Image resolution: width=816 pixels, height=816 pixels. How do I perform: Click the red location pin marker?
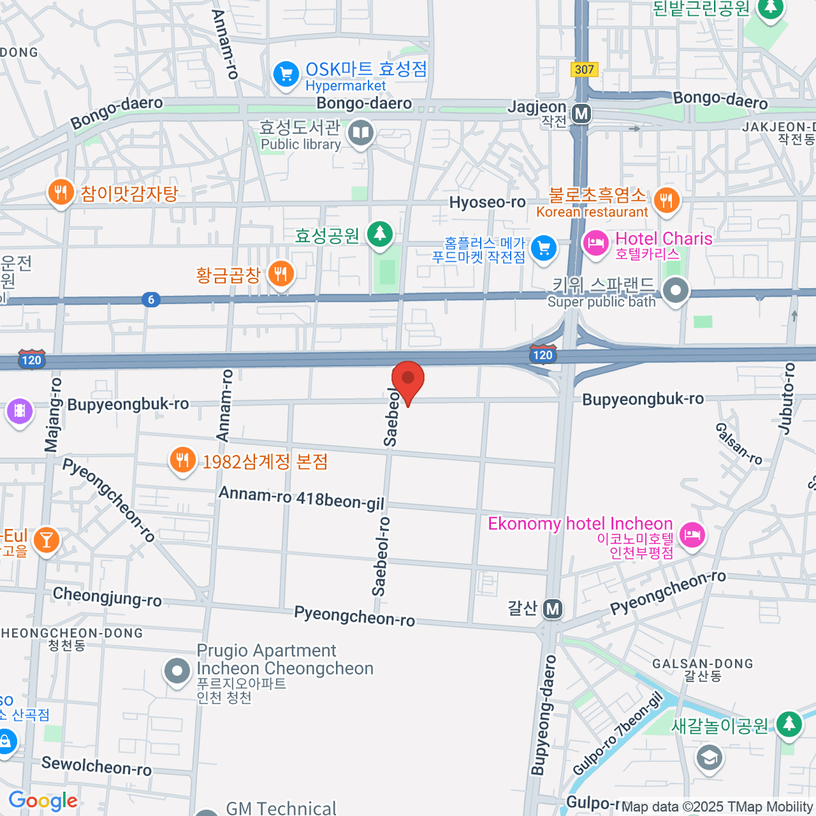pyautogui.click(x=408, y=379)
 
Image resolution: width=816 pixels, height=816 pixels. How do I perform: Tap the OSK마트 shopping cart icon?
pyautogui.click(x=286, y=74)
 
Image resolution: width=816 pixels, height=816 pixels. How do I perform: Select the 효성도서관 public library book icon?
pyautogui.click(x=360, y=133)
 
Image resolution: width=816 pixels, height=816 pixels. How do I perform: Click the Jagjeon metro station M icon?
pyautogui.click(x=581, y=114)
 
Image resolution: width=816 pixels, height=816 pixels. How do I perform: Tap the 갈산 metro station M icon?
pyautogui.click(x=553, y=609)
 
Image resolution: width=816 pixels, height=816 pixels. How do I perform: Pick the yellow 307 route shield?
pyautogui.click(x=584, y=69)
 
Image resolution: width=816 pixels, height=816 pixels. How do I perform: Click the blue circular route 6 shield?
pyautogui.click(x=151, y=299)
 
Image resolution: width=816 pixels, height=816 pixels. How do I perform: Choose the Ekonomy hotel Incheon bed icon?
pyautogui.click(x=692, y=534)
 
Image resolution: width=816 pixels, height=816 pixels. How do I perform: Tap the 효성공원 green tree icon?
pyautogui.click(x=379, y=234)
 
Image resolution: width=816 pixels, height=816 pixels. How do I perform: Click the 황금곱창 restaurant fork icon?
pyautogui.click(x=280, y=274)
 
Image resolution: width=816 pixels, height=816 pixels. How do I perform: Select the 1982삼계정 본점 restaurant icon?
pyautogui.click(x=182, y=461)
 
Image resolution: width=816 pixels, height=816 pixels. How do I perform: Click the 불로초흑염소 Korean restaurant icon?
pyautogui.click(x=666, y=200)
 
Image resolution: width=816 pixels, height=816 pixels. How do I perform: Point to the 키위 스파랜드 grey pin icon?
pyautogui.click(x=675, y=291)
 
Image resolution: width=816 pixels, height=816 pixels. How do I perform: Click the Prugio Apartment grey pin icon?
pyautogui.click(x=177, y=672)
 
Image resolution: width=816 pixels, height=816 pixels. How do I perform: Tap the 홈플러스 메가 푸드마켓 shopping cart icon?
pyautogui.click(x=543, y=248)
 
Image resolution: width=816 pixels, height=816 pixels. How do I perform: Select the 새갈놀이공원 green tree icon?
pyautogui.click(x=789, y=724)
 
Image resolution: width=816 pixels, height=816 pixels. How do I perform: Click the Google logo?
pyautogui.click(x=43, y=801)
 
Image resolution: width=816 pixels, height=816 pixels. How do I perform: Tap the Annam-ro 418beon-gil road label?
pyautogui.click(x=301, y=498)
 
